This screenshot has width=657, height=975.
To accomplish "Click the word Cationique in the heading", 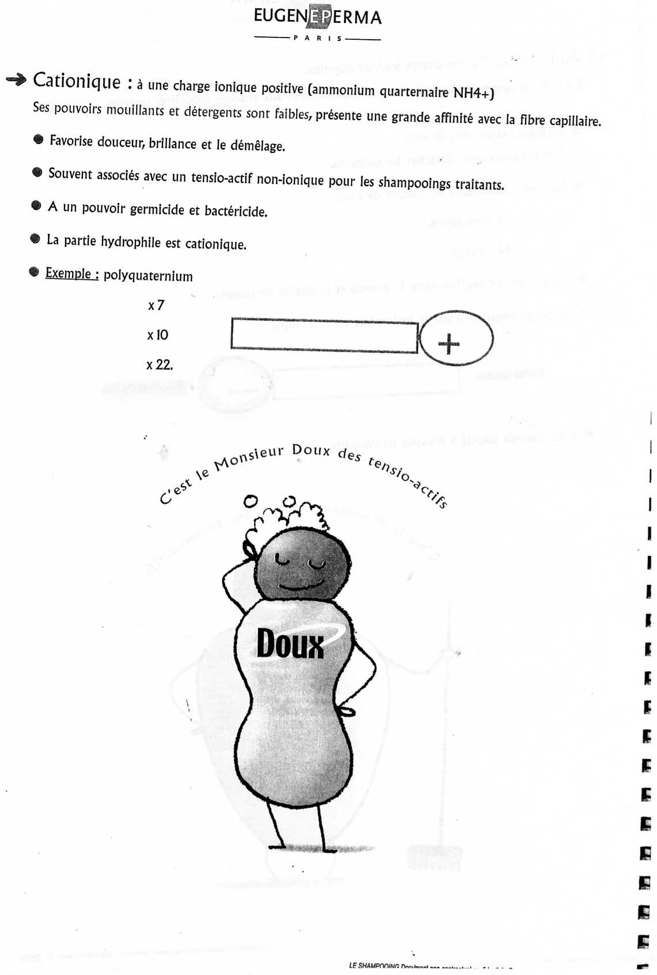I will [77, 81].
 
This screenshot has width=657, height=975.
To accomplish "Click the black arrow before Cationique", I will [16, 80].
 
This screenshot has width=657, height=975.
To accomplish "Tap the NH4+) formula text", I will [473, 93].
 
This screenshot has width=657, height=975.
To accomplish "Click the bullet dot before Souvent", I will [37, 172].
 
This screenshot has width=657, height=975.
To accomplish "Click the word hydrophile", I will [130, 242].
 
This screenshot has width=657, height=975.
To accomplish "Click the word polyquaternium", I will [148, 276].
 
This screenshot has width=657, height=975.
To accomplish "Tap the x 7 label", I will [156, 305].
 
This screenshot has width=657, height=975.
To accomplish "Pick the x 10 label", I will [157, 335].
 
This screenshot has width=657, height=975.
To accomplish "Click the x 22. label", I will [159, 364].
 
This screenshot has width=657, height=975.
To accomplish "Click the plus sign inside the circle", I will [449, 344].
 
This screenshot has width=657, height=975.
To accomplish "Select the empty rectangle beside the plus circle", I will [324, 335].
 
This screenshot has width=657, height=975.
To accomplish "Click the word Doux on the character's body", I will [290, 643].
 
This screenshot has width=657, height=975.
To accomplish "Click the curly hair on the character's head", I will [288, 516].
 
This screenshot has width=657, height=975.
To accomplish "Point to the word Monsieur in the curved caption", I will [248, 458].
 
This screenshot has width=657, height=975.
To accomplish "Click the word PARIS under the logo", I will [318, 39].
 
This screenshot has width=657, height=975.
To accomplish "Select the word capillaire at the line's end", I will [575, 121].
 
